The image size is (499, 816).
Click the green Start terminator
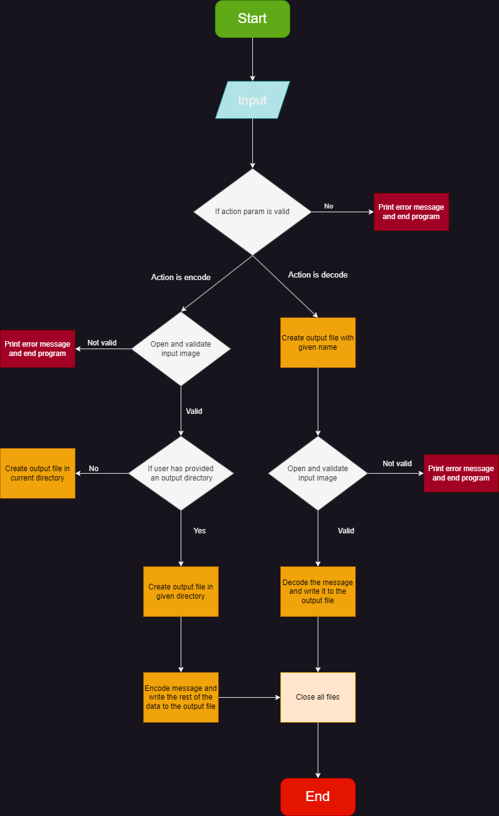coord(252,19)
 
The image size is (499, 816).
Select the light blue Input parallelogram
coord(252,100)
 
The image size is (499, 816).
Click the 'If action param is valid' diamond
coord(252,212)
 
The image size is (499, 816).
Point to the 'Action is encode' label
coord(181,277)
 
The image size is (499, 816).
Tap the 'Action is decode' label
coord(318,274)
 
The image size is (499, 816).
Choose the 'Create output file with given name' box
coord(318,342)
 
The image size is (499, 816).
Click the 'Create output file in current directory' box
coord(37,473)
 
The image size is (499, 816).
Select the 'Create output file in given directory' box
coord(181,591)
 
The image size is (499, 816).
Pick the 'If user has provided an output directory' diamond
coord(181,473)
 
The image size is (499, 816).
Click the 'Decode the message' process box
coord(318,591)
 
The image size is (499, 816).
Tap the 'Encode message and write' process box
coord(181,697)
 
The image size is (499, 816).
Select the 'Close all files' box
coord(318,697)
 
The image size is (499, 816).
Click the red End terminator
coord(318,797)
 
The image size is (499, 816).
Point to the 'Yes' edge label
coord(199,531)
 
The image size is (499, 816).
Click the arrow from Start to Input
coord(252,59)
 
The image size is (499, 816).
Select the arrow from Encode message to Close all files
coord(249,697)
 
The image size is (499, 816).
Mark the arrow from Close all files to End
coord(318,750)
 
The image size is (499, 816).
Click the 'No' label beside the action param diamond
coord(328,206)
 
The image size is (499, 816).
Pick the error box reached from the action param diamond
coord(411,212)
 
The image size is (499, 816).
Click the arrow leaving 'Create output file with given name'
coord(318,401)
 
